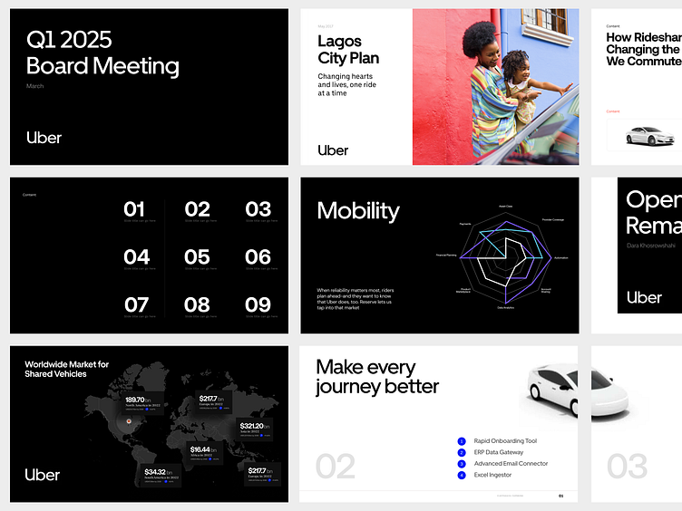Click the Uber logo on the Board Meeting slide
coord(44,138)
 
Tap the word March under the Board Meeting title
coord(34,86)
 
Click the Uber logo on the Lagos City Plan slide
coord(333,150)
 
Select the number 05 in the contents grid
coord(197,257)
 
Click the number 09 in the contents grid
coord(258,304)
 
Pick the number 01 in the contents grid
coord(134,209)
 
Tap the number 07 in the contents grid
coord(136,304)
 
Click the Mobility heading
coord(358,210)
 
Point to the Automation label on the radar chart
coord(560,257)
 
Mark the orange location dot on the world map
coord(128,421)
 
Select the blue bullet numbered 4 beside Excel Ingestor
coord(462,475)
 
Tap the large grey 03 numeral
coord(627,467)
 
